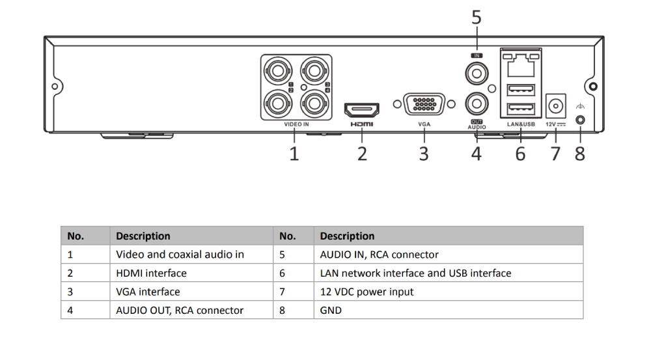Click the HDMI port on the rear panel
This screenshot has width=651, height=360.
362,109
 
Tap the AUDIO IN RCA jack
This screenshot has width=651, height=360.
476,73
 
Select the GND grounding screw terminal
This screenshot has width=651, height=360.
580,120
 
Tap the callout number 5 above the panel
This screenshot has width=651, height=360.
477,18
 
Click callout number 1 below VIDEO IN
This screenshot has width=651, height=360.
294,154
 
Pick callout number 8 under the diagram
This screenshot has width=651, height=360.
579,154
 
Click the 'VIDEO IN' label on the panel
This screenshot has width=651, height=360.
296,124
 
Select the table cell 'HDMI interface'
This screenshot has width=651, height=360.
151,273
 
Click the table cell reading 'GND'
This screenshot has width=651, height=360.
331,311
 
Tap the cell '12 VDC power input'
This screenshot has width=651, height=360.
367,292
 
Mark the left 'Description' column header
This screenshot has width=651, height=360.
143,236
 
